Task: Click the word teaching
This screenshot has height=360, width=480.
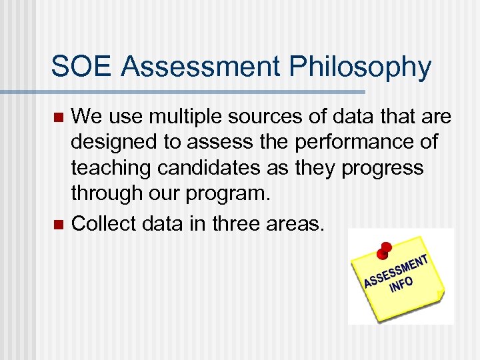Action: [x=111, y=168]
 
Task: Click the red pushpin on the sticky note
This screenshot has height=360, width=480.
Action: [x=383, y=250]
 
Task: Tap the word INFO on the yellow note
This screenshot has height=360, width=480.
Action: [x=401, y=284]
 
